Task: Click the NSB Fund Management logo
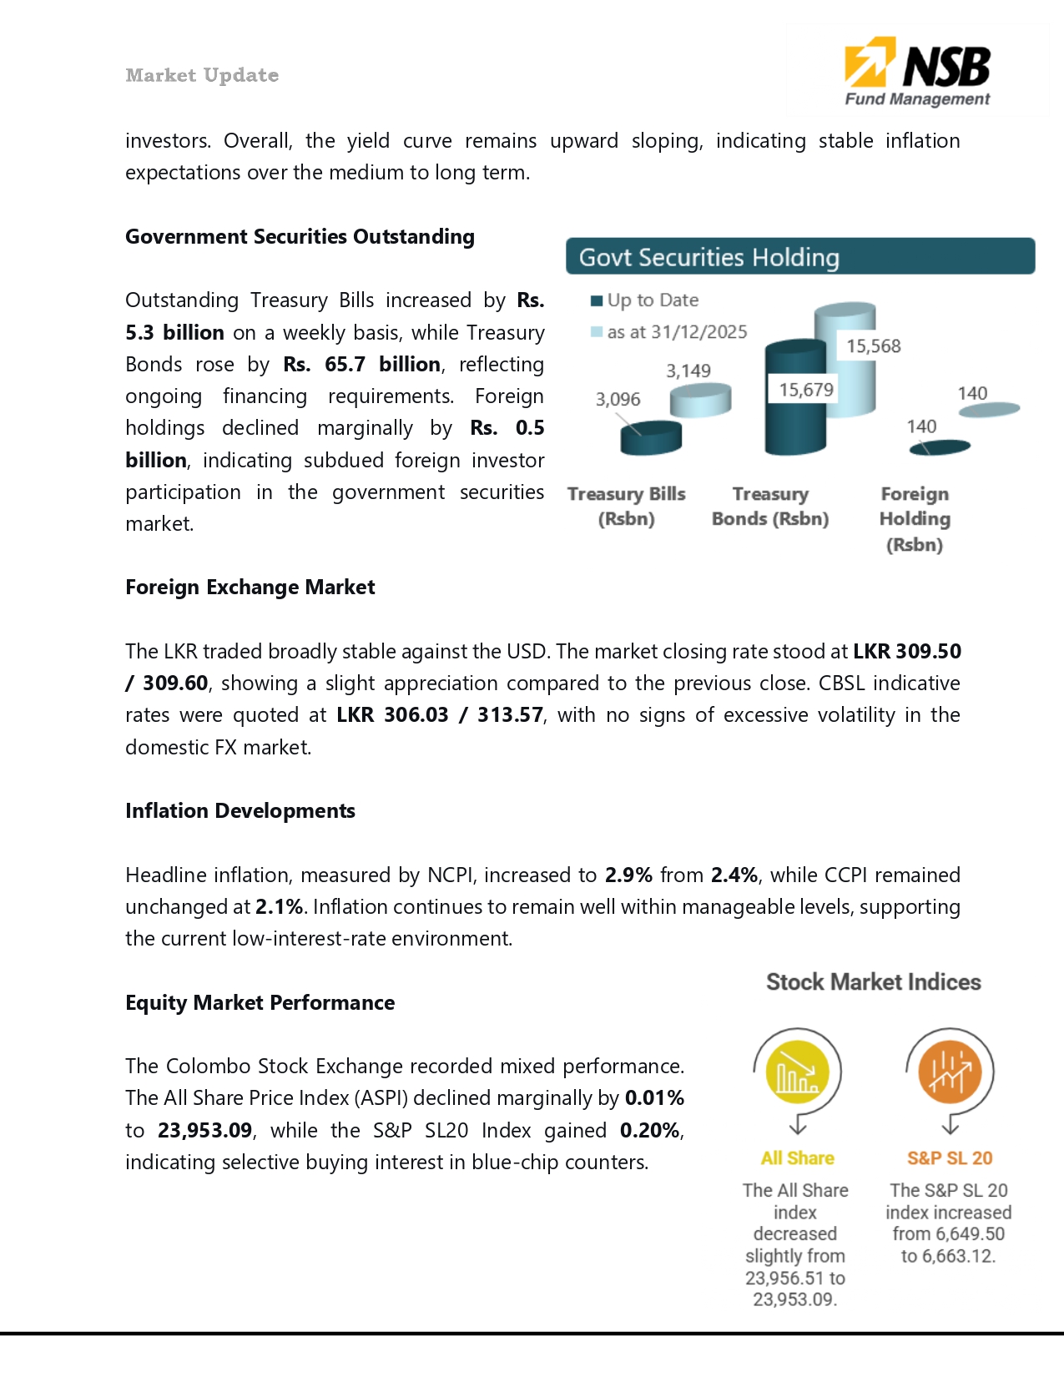tap(917, 72)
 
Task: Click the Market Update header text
tap(202, 75)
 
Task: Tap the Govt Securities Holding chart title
tap(708, 257)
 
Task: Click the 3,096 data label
tap(618, 399)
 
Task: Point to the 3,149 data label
tap(688, 371)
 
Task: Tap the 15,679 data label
tap(805, 389)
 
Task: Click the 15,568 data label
tap(873, 346)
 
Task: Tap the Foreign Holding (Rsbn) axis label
tap(915, 518)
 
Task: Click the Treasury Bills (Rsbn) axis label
tap(626, 506)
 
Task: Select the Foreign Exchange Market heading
tap(250, 587)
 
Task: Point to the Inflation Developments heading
tap(240, 810)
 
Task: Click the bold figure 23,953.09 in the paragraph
tap(204, 1130)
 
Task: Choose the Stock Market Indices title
tap(873, 982)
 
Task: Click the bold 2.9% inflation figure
tap(628, 875)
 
